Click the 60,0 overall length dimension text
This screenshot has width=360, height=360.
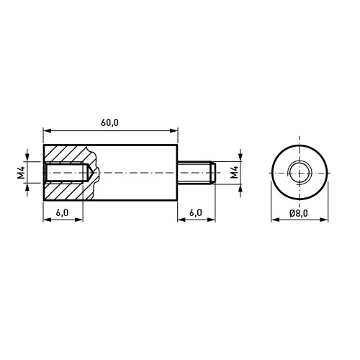[109, 123]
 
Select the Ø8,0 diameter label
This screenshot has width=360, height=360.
[299, 213]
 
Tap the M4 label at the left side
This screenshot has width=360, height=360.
[22, 172]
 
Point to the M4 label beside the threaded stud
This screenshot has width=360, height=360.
[234, 172]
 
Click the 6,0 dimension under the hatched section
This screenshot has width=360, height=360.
[62, 212]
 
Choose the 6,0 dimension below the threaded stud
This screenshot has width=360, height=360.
[196, 212]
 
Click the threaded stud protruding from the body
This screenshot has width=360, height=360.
[197, 173]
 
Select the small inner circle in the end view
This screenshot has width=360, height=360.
[299, 173]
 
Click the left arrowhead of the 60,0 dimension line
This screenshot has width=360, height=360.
[47, 130]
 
